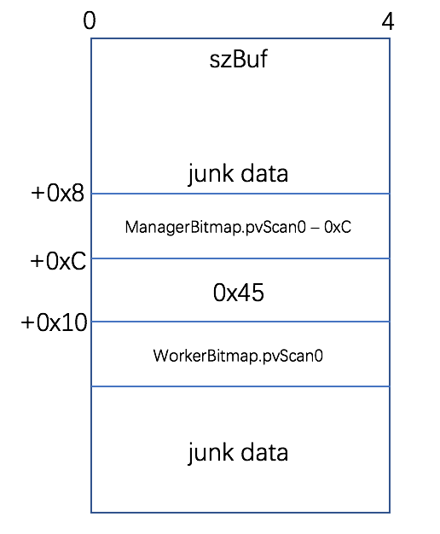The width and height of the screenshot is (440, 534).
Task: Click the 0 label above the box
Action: [90, 20]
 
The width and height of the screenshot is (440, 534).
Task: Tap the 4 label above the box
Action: [387, 21]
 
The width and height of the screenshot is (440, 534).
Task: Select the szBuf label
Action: [239, 59]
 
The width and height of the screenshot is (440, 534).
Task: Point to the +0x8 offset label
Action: [57, 193]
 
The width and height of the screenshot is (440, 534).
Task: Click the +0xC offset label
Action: [58, 261]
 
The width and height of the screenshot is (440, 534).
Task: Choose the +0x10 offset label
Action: [54, 322]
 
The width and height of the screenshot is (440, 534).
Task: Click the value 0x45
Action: [239, 293]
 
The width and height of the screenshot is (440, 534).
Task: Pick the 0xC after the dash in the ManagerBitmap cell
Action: [338, 227]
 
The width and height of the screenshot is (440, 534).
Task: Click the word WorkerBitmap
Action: [206, 356]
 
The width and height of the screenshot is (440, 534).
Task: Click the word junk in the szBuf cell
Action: [211, 174]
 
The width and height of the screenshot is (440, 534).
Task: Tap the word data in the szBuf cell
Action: [264, 173]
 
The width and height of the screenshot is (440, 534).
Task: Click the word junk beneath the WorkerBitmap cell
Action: [211, 453]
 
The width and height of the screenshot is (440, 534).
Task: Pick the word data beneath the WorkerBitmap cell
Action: [264, 452]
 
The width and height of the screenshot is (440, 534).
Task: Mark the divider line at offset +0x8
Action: [240, 194]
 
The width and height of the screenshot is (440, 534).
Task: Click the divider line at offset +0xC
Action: [240, 258]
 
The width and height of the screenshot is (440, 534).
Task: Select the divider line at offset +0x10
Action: [240, 322]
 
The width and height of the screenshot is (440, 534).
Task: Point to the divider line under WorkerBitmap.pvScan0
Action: [240, 386]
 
